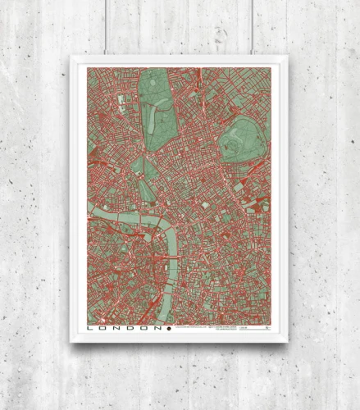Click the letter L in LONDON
click(x=90, y=328)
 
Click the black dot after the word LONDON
click(x=167, y=328)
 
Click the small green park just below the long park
click(x=146, y=175)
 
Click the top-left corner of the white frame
click(x=71, y=57)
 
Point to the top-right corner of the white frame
click(x=288, y=57)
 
